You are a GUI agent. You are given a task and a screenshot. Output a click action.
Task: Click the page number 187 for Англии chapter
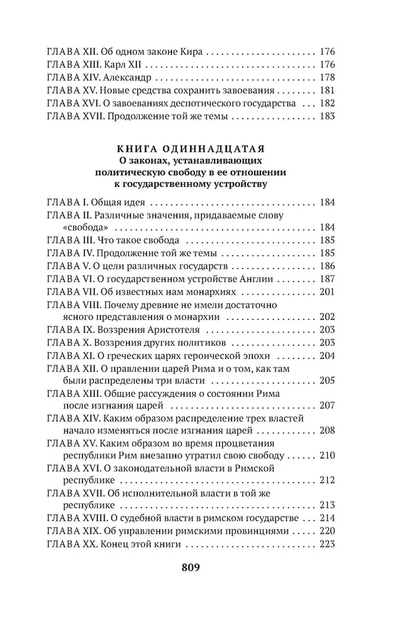point(331,278)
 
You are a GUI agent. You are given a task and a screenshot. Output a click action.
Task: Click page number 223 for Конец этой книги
point(331,545)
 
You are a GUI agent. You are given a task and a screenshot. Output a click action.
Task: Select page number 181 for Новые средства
point(331,91)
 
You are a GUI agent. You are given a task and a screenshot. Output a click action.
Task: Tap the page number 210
point(331,455)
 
